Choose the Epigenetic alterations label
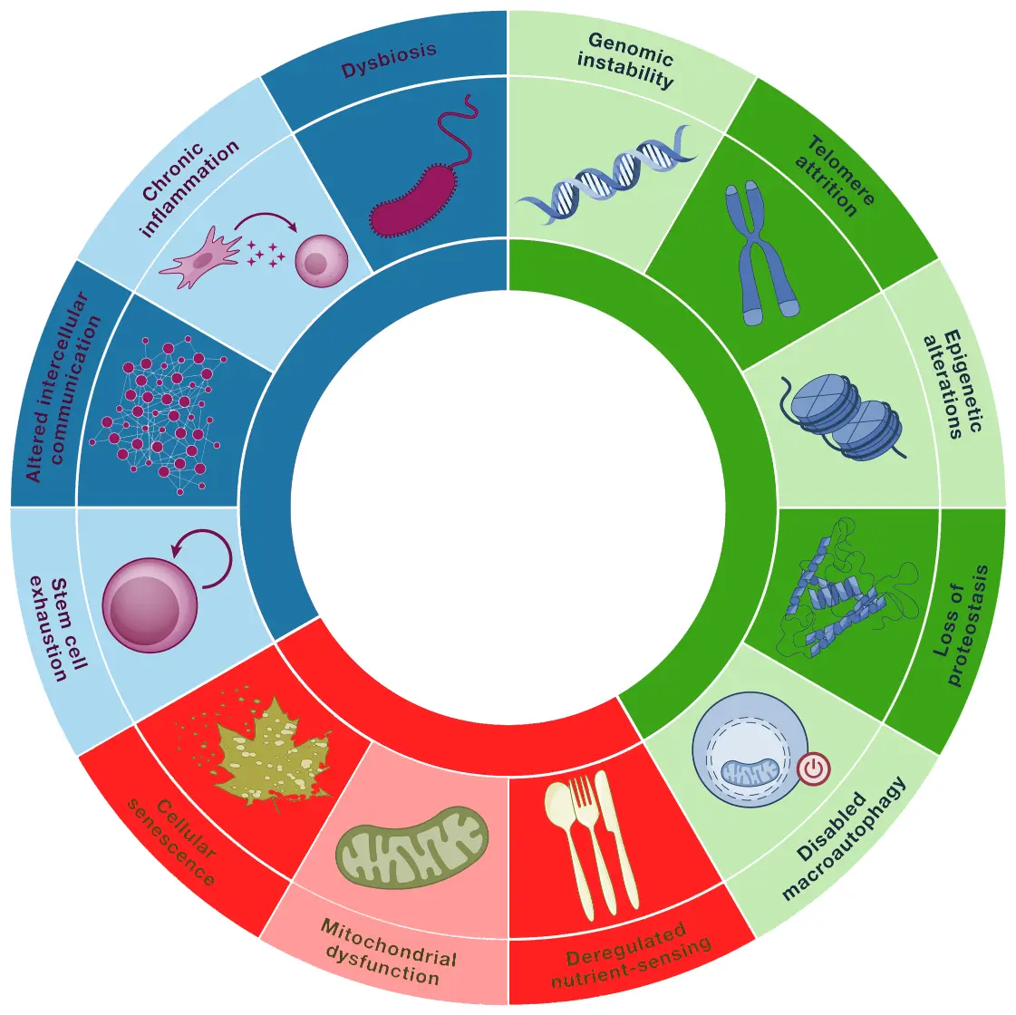[x=952, y=384]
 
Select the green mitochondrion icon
[x=412, y=847]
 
